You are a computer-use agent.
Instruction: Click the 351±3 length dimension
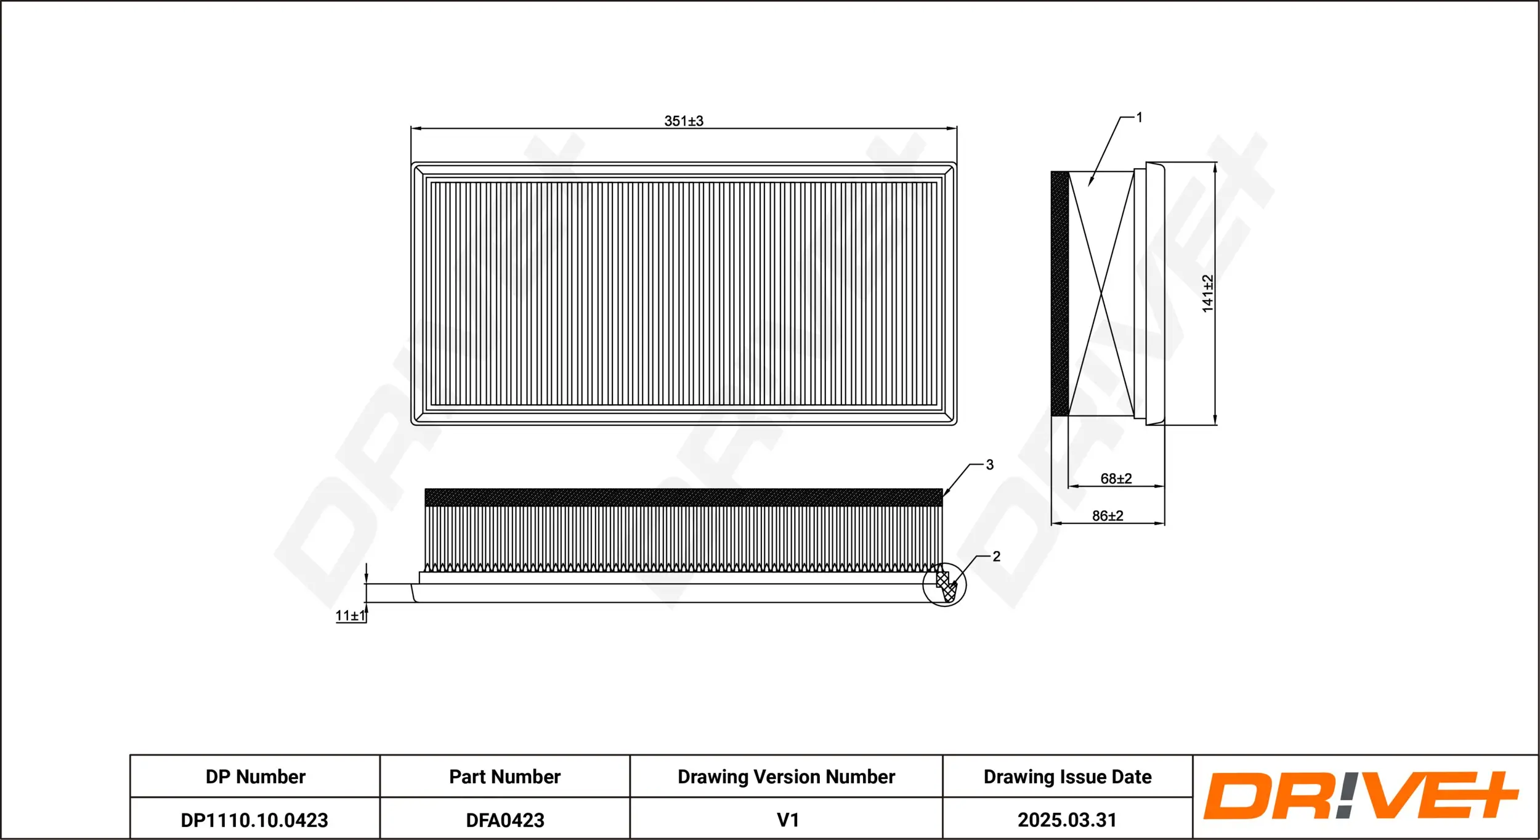(683, 121)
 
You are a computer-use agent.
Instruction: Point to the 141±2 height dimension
(1207, 293)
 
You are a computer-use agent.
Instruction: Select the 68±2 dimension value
(1116, 478)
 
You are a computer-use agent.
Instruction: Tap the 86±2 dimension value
(1107, 516)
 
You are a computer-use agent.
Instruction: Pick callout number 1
(1139, 117)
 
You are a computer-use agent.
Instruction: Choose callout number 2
(996, 556)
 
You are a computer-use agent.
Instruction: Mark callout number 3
(989, 465)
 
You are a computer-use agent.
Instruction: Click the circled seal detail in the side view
(944, 584)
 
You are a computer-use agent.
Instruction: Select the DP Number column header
(255, 777)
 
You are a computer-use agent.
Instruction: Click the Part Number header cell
(505, 777)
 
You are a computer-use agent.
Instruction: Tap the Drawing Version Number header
(786, 777)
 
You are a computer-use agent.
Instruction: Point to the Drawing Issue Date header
(1067, 777)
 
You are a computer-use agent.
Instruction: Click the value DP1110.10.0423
(254, 820)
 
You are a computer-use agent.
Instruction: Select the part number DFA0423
(505, 820)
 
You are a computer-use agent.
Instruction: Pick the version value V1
(787, 820)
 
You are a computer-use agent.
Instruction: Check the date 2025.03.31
(1067, 820)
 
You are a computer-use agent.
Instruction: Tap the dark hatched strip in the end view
(1060, 293)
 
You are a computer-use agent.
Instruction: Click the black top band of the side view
(683, 497)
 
